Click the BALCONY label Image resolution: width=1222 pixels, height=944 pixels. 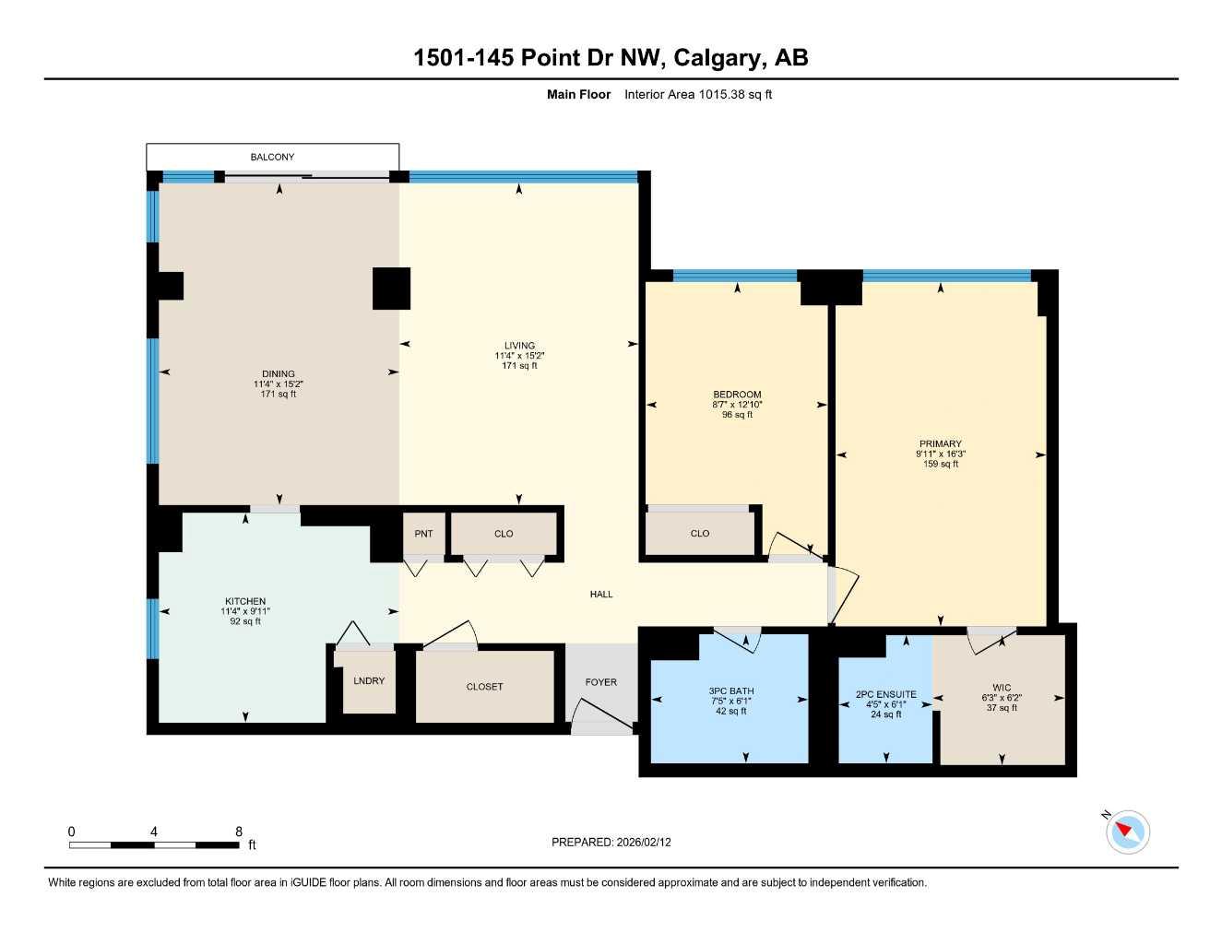coord(272,157)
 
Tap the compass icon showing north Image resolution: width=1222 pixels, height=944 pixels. coord(1127,832)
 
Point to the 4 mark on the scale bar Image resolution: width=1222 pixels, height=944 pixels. coord(154,832)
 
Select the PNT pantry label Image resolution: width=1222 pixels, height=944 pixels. coord(423,534)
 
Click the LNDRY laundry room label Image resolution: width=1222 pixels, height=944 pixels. coord(369,681)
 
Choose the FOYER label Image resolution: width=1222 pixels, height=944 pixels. coord(600,682)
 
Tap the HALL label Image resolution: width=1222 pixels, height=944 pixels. coord(601,595)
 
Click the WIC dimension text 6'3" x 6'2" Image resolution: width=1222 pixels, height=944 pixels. coord(1002,698)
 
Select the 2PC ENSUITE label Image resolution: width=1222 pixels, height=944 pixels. coord(885,694)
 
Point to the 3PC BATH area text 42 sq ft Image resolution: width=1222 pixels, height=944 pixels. coord(730,712)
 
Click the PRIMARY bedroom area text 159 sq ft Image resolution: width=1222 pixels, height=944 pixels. coord(940,465)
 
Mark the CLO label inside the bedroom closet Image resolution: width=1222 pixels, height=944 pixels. coord(700,534)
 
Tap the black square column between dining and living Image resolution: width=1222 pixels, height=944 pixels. coord(391,289)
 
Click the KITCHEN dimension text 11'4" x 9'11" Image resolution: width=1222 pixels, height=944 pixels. coord(245,611)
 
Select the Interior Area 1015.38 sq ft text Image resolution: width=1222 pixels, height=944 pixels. coord(698,94)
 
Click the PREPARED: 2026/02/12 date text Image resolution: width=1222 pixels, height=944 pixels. coord(611,843)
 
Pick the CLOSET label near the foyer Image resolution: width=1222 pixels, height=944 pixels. coord(484,687)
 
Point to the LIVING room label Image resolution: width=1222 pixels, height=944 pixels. coord(519,346)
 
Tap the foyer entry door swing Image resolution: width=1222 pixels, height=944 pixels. coord(600,715)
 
